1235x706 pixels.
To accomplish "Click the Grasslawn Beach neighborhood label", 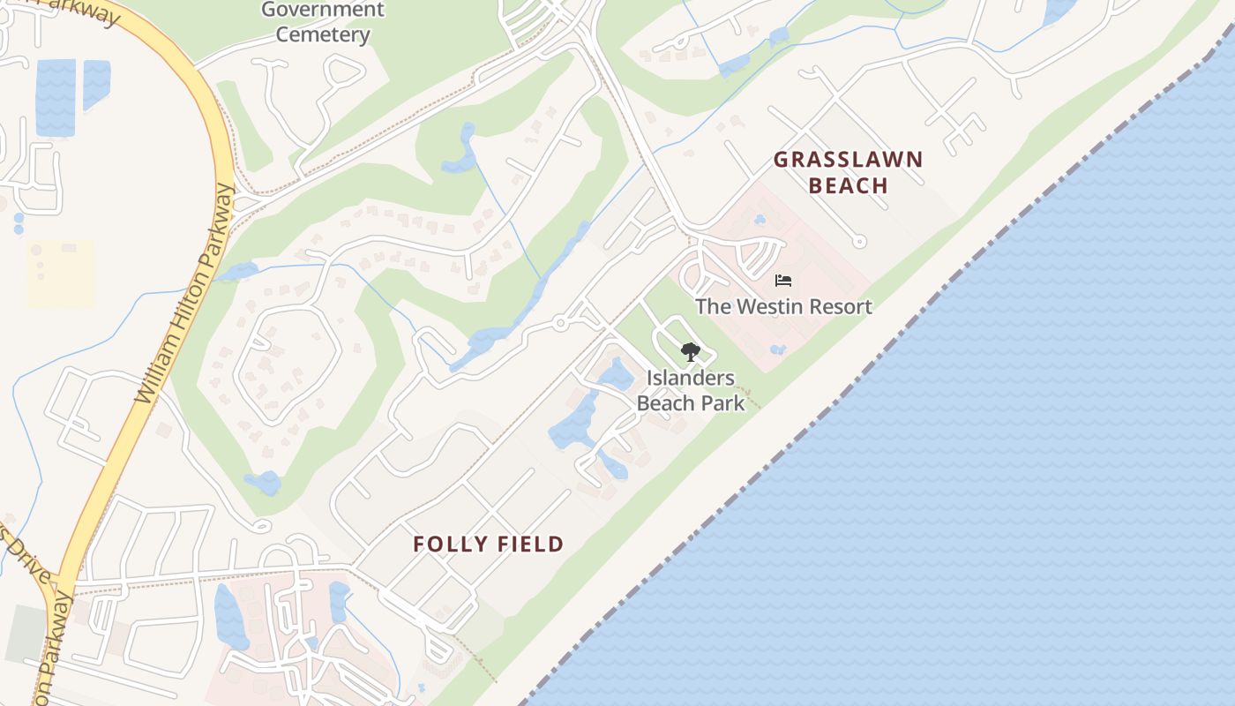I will tap(848, 172).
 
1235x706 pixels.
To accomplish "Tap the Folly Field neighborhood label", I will tap(488, 544).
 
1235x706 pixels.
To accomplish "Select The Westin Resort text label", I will tap(783, 306).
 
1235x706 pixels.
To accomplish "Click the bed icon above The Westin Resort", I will tap(783, 281).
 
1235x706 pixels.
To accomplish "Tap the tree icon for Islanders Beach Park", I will tap(691, 353).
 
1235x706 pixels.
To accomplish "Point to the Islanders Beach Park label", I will tap(691, 390).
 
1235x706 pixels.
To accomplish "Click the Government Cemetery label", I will tap(323, 22).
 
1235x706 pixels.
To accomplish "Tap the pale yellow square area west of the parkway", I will tap(60, 274).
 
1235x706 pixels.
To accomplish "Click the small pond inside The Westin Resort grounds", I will tap(777, 349).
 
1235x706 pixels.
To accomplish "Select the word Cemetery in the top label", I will tap(323, 34).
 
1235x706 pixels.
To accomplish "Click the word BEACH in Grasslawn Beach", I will tap(848, 185).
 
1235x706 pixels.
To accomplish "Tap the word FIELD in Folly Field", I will tap(528, 544).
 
